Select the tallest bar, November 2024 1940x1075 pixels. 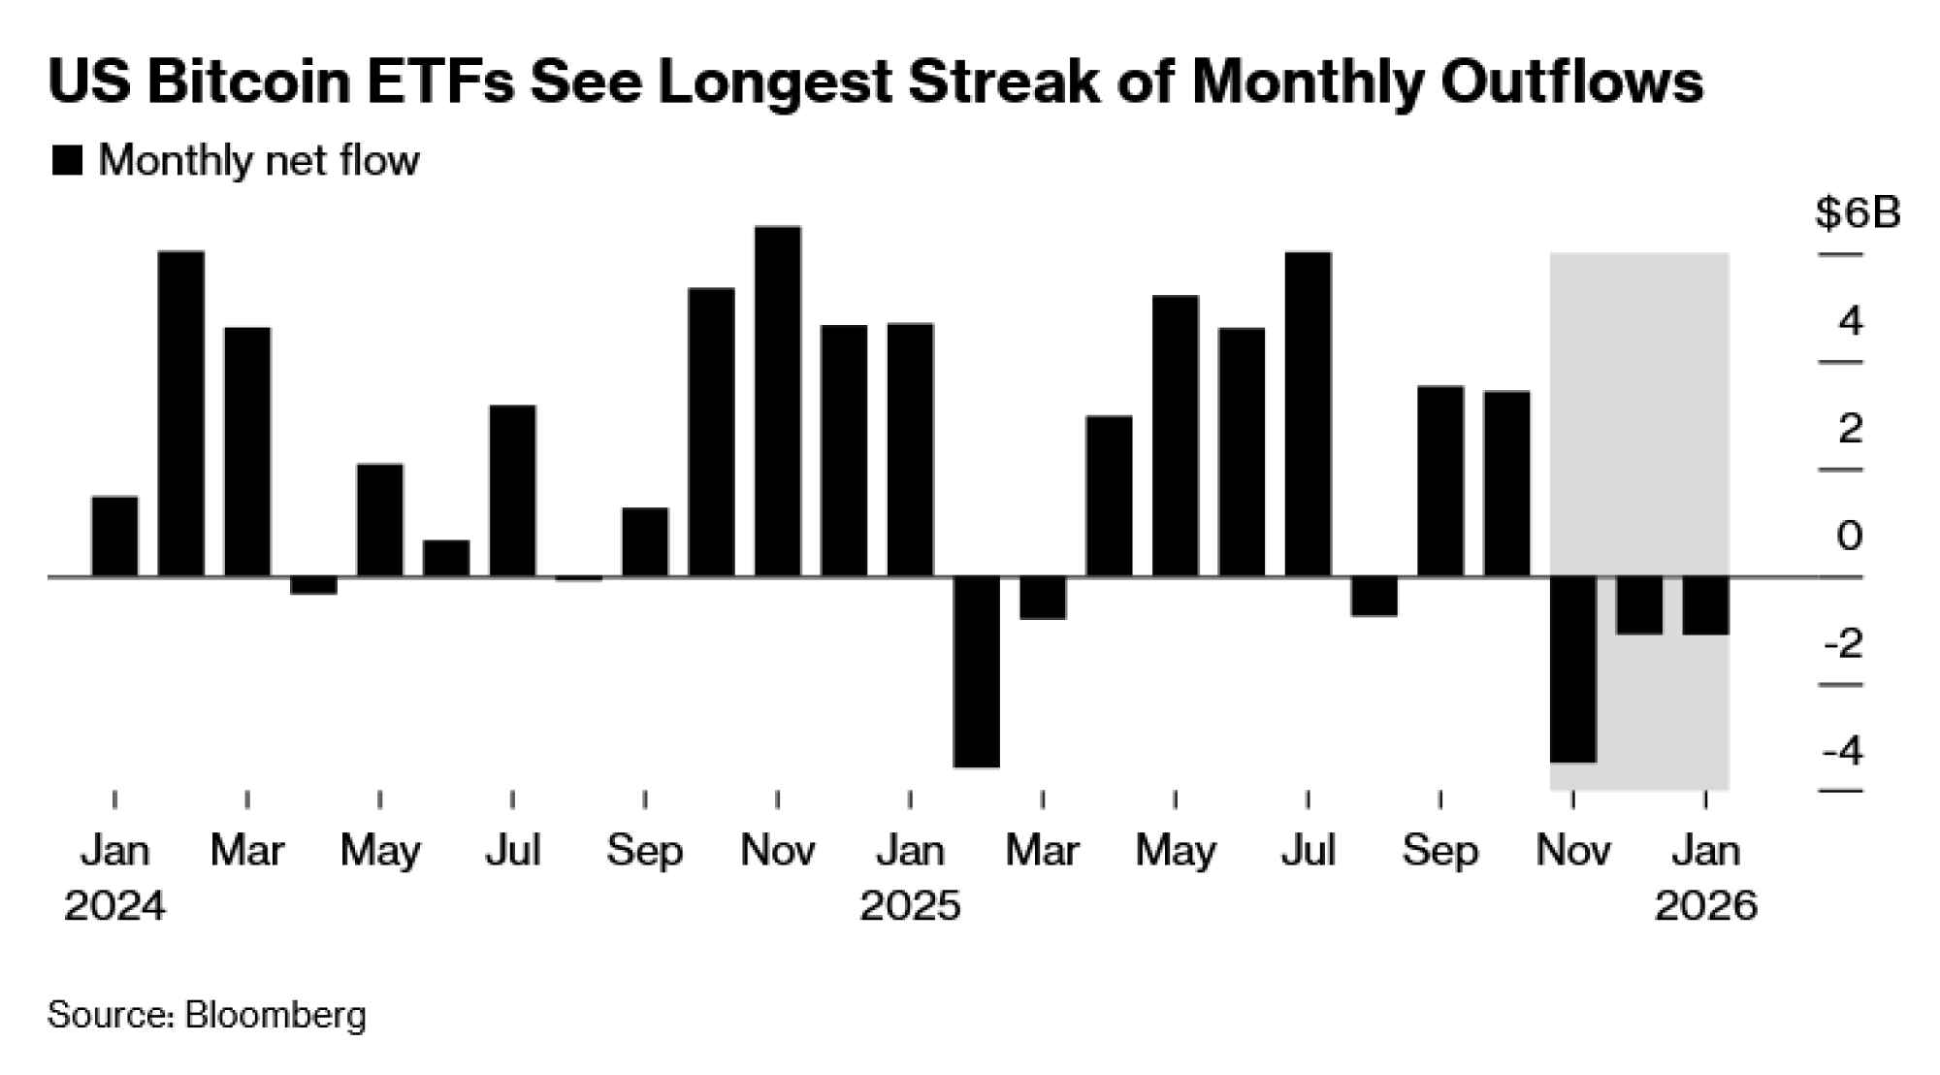[x=778, y=402]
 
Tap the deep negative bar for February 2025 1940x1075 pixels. [x=977, y=672]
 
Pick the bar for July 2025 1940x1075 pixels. [x=1308, y=414]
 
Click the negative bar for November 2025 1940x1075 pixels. [x=1573, y=669]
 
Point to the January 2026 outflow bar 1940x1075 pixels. [x=1705, y=605]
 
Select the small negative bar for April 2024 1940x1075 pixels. [x=313, y=585]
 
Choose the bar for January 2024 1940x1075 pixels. [x=114, y=537]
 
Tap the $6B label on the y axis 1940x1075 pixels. [x=1858, y=213]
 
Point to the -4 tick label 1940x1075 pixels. [x=1843, y=751]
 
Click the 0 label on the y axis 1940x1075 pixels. [x=1849, y=536]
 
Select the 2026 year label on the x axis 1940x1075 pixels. [x=1705, y=906]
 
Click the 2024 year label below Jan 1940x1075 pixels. [x=114, y=906]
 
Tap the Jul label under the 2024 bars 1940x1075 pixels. [x=512, y=851]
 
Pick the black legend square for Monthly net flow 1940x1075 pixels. [x=67, y=160]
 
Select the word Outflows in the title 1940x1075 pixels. [x=1571, y=81]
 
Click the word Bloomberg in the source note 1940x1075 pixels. [x=275, y=1015]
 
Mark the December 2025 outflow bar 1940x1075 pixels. [x=1639, y=605]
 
